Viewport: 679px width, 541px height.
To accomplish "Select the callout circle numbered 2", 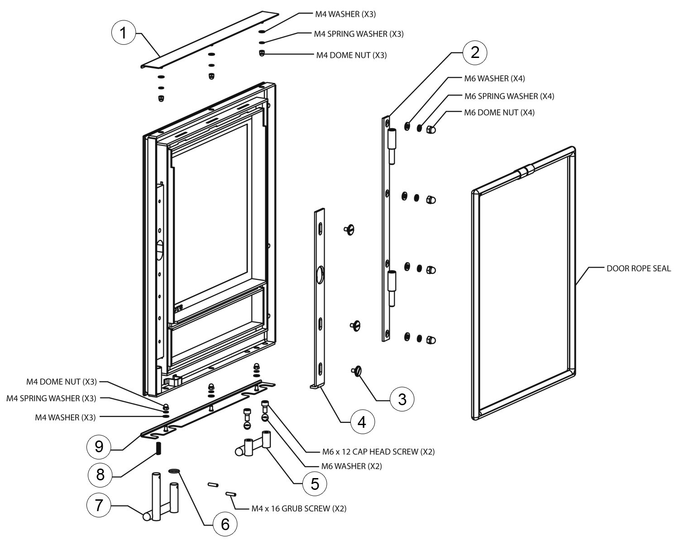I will click(x=474, y=53).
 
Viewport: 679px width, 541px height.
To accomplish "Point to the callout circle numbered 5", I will click(x=315, y=483).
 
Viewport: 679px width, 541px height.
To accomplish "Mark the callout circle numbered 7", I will click(x=99, y=506).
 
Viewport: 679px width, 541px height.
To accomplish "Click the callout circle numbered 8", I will click(x=100, y=474).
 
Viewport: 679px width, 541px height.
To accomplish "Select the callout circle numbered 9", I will click(x=99, y=447).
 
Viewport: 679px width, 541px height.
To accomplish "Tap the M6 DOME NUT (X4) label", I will click(x=499, y=113).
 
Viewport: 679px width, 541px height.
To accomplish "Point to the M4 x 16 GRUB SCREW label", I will click(x=299, y=508).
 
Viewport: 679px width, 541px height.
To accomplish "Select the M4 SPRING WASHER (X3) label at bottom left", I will click(x=51, y=398).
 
